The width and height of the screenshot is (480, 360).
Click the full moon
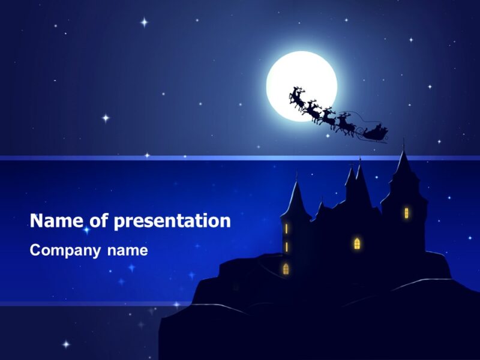click(301, 86)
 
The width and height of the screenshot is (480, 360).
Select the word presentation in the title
click(172, 221)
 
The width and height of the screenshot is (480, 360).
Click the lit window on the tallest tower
click(406, 212)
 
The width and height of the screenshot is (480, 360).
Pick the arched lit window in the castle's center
click(357, 243)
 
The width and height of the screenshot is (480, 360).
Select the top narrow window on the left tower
click(286, 229)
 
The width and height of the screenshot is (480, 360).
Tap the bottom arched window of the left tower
click(286, 269)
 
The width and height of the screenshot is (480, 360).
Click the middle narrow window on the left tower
click(286, 247)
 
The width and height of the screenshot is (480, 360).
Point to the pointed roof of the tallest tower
click(402, 165)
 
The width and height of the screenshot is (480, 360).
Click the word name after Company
click(127, 250)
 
